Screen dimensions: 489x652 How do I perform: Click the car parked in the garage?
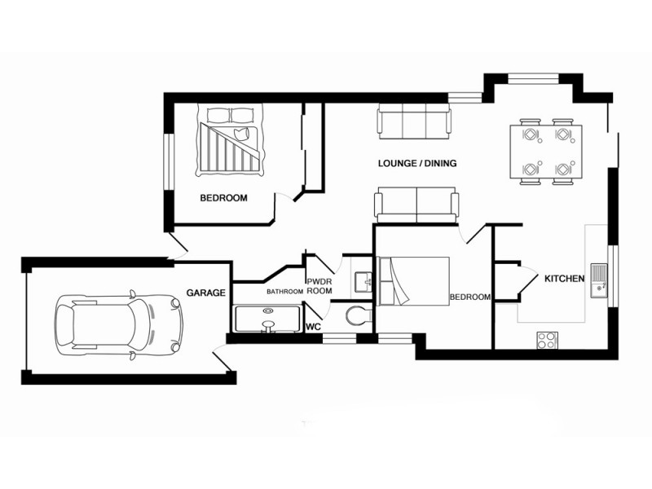pyautogui.click(x=117, y=324)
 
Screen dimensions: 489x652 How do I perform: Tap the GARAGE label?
pyautogui.click(x=205, y=292)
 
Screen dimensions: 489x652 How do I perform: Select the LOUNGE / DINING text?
pyautogui.click(x=416, y=163)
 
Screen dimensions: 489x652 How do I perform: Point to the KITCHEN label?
pyautogui.click(x=565, y=279)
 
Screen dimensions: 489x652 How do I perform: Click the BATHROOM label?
pyautogui.click(x=284, y=291)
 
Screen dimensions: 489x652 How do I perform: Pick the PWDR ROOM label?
pyautogui.click(x=319, y=285)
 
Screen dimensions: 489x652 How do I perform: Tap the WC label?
pyautogui.click(x=312, y=327)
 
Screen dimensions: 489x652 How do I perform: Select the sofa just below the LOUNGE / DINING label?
pyautogui.click(x=416, y=204)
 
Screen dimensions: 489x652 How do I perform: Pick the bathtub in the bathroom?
pyautogui.click(x=267, y=319)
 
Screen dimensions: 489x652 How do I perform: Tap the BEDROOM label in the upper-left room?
pyautogui.click(x=223, y=198)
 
